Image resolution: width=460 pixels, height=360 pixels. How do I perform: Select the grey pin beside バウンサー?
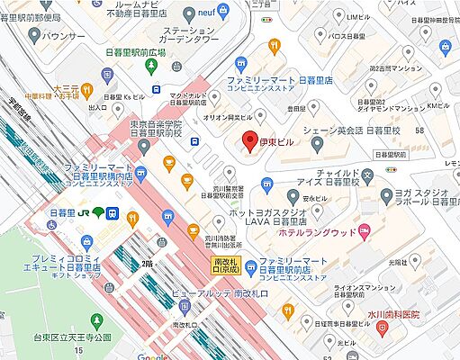[33, 35]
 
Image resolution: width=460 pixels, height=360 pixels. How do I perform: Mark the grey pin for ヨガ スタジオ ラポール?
[386, 195]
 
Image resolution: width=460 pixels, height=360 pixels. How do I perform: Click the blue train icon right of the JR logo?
[113, 212]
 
